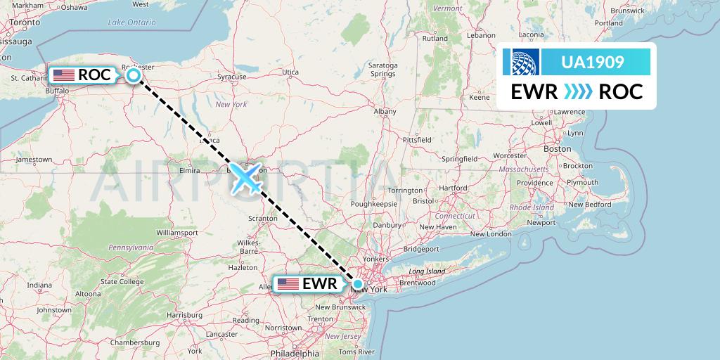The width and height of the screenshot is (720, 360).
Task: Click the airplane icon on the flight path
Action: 245,179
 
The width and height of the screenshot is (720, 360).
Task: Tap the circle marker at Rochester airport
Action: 133,75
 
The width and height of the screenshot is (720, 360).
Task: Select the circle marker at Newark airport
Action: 358,284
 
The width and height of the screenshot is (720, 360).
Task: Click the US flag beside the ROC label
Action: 63,75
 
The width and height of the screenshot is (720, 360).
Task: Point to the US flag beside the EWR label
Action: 288,284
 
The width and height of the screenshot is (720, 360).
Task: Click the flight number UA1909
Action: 592,62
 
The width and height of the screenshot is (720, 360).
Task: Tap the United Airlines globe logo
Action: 526,62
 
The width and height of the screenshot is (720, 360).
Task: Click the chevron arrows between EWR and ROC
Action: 578,91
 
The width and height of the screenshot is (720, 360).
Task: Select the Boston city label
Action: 557,149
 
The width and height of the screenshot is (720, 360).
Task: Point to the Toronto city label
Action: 25,22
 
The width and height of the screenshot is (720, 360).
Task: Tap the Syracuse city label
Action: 232,76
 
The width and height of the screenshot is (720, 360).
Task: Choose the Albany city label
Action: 385,111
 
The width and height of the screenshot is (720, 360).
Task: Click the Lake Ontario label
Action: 131,22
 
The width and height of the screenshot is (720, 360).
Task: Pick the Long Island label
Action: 427,271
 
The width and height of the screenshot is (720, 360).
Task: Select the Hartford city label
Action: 453,188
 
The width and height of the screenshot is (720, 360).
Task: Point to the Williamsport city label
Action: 178,231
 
